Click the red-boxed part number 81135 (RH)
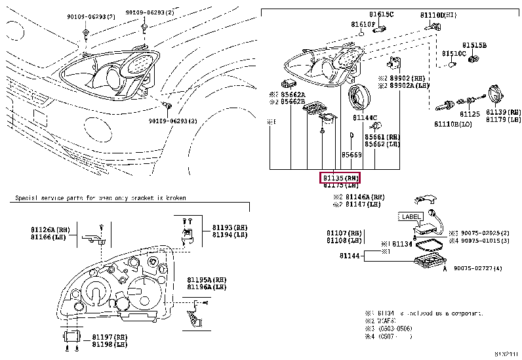pyautogui.click(x=340, y=178)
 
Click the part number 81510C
pyautogui.click(x=453, y=53)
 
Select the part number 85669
pyautogui.click(x=351, y=155)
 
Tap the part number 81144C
pyautogui.click(x=365, y=118)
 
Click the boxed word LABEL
pyautogui.click(x=410, y=216)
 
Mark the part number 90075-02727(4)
pyautogui.click(x=477, y=268)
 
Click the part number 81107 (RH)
pyautogui.click(x=344, y=233)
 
